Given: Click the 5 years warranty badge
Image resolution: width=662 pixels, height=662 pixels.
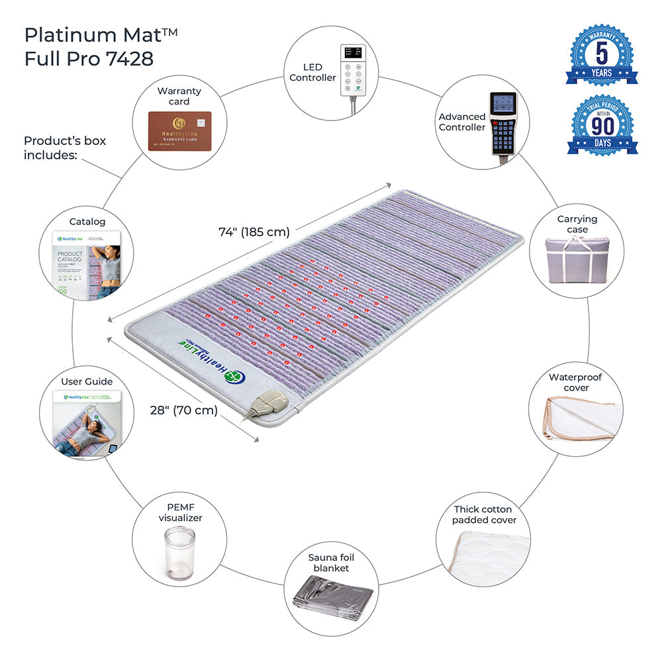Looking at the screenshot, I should point(601,55).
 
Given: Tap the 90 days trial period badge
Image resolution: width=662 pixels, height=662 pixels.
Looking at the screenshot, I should point(602,126).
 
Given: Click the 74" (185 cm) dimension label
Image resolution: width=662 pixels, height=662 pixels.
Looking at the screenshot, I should point(254,232).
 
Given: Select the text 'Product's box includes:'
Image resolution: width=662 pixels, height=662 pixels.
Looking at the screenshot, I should point(65,148).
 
